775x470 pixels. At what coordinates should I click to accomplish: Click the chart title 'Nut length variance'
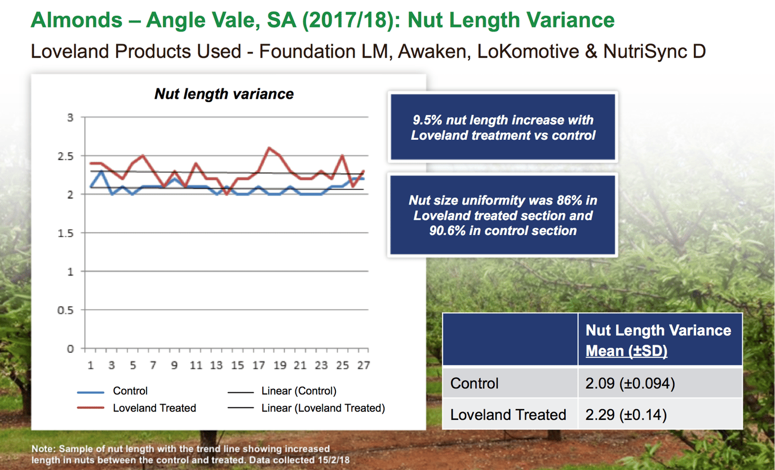(x=224, y=94)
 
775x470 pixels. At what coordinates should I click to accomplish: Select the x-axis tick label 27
(x=363, y=366)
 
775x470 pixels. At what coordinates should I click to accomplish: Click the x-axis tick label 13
(x=216, y=366)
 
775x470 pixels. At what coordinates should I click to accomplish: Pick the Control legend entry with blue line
(x=130, y=391)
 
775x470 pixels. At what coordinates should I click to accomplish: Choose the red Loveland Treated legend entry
(x=154, y=408)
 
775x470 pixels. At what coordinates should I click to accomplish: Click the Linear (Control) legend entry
(x=298, y=391)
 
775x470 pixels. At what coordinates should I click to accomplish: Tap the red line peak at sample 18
(x=269, y=148)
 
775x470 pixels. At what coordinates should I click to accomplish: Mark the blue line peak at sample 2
(x=101, y=171)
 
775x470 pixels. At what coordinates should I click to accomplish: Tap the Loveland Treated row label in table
(x=508, y=415)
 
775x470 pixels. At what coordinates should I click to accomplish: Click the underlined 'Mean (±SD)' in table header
(x=626, y=351)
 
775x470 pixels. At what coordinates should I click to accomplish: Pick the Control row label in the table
(x=475, y=384)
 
